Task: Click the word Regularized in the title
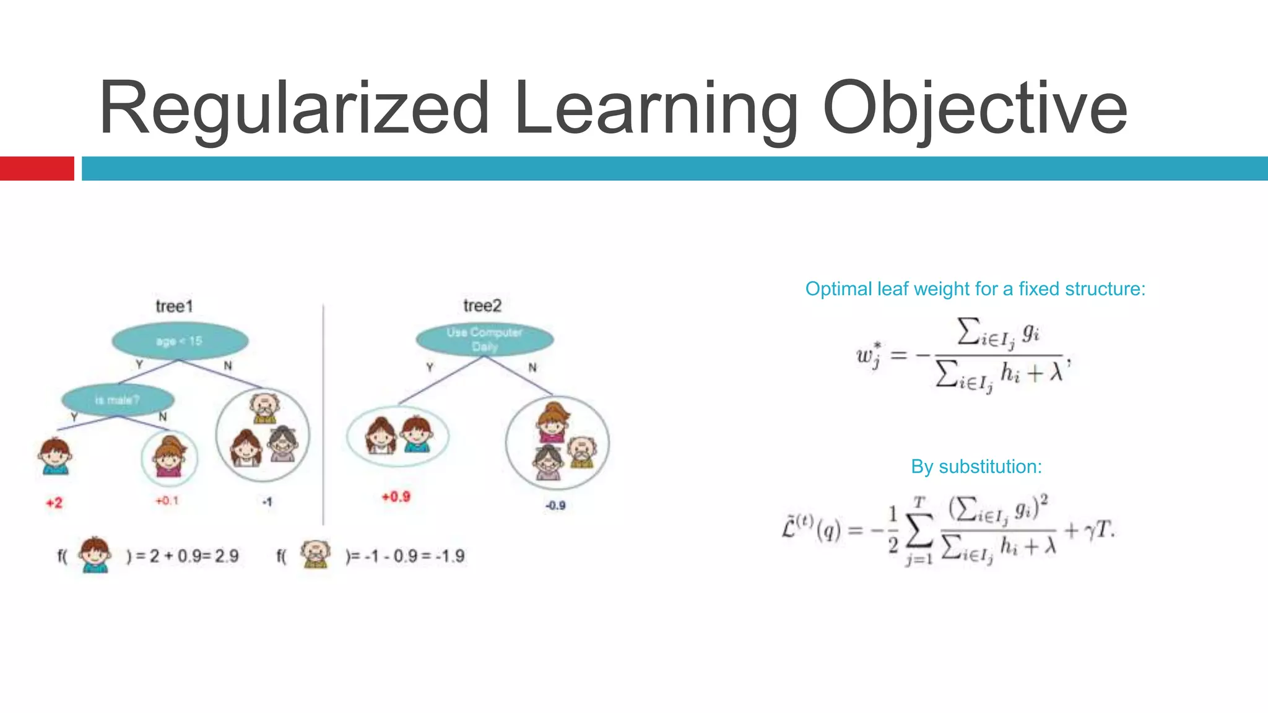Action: pos(295,108)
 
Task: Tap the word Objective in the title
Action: pos(975,108)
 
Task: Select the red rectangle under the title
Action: pos(37,168)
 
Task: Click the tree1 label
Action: pos(175,306)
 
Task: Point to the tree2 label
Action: pos(482,306)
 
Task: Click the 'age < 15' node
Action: pos(180,341)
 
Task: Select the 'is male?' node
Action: pos(118,400)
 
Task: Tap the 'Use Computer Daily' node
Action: pos(484,339)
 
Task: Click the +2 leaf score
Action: pos(54,503)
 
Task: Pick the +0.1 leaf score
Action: pos(167,500)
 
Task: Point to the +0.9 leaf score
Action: pos(396,496)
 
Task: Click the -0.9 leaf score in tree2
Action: pos(555,506)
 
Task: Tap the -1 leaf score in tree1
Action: pos(267,502)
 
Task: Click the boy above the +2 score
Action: pos(54,457)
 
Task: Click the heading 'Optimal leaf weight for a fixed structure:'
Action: pos(975,289)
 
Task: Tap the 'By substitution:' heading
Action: pos(976,467)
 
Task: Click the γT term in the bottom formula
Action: pos(1099,530)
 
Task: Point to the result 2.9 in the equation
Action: pos(227,556)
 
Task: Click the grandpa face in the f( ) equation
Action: pos(315,554)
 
